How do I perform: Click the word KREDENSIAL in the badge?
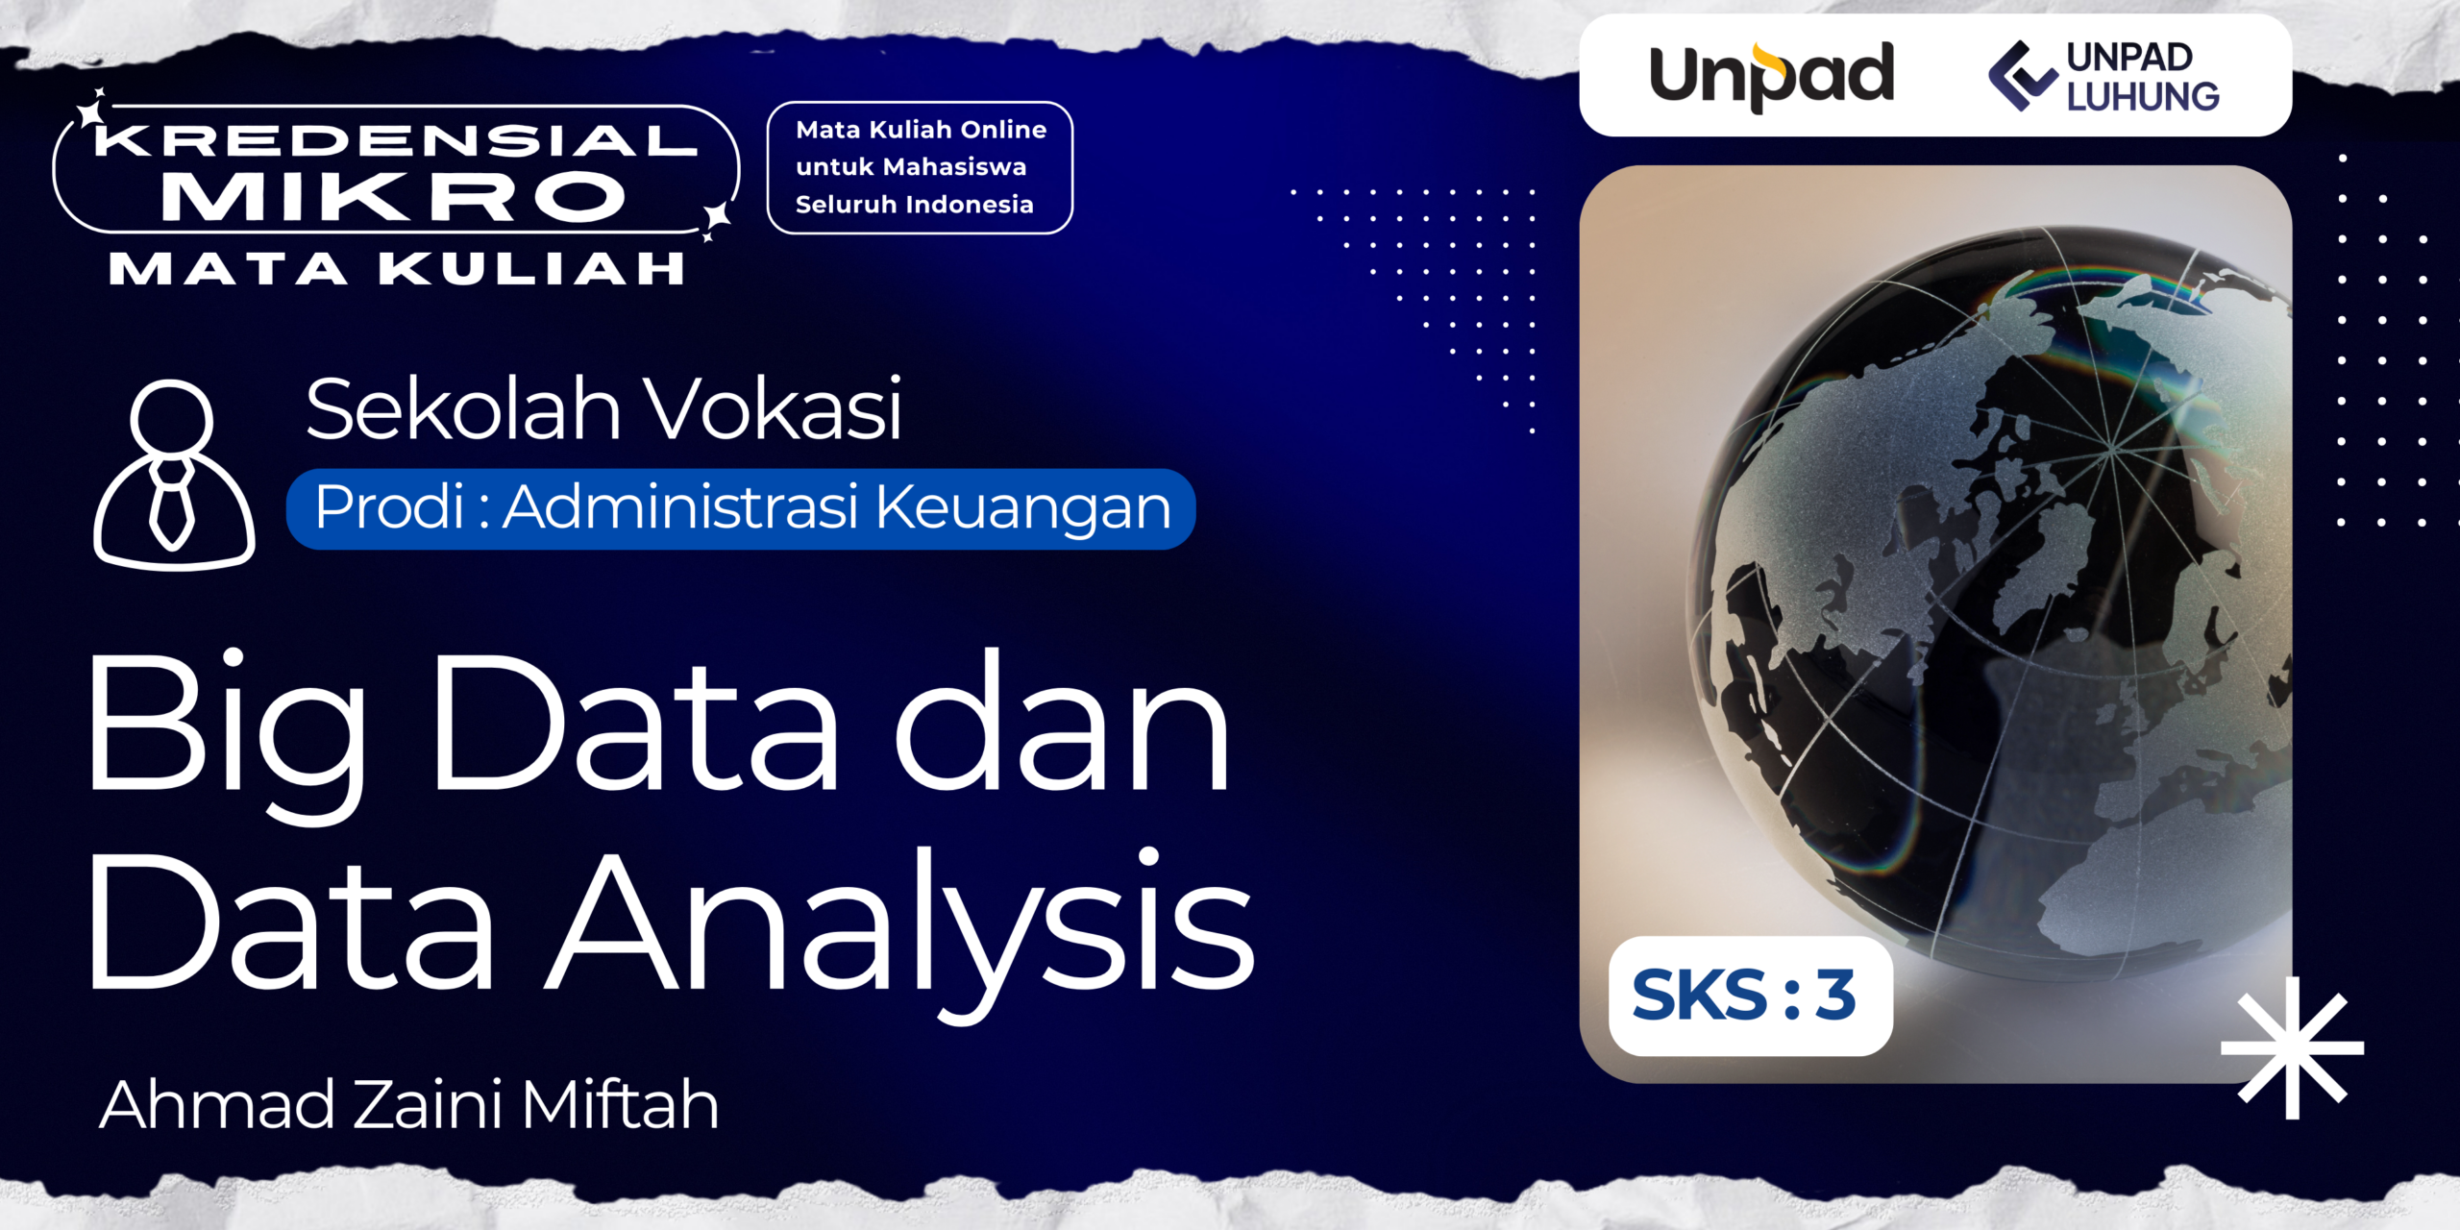(x=396, y=141)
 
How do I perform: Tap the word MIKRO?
(x=394, y=197)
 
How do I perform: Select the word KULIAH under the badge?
(x=531, y=269)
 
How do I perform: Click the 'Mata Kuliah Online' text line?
(x=921, y=130)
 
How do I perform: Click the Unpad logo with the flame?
(x=1771, y=76)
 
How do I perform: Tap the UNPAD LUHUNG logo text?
(x=2143, y=77)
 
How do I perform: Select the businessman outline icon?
(x=174, y=474)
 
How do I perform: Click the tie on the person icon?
(x=172, y=504)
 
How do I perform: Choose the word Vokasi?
(x=773, y=408)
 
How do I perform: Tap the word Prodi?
(x=390, y=506)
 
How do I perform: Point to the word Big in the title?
(x=227, y=734)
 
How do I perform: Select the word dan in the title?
(x=1062, y=720)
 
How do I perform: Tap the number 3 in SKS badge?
(x=1835, y=996)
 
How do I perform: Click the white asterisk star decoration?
(x=2293, y=1048)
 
